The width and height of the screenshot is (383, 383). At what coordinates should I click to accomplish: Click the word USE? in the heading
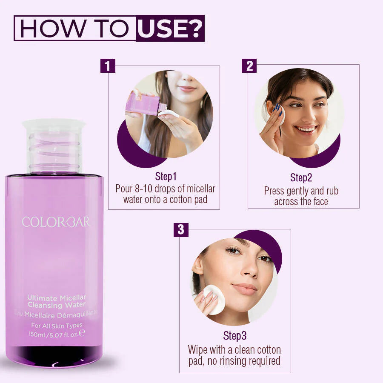click(x=170, y=29)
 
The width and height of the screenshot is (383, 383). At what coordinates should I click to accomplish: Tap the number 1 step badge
click(x=108, y=66)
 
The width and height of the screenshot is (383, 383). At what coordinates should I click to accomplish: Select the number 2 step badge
click(x=249, y=66)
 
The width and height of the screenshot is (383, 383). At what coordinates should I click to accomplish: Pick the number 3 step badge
click(x=181, y=230)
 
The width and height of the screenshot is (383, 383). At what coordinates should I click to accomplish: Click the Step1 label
click(x=166, y=177)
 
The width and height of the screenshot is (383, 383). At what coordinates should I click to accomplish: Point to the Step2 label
click(x=301, y=178)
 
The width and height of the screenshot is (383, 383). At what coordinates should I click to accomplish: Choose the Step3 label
click(x=234, y=336)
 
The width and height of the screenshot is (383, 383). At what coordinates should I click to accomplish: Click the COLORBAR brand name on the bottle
click(x=56, y=222)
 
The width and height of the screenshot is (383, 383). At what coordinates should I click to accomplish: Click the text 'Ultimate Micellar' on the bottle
click(x=57, y=297)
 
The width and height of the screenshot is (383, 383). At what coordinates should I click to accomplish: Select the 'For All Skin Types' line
click(x=57, y=325)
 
